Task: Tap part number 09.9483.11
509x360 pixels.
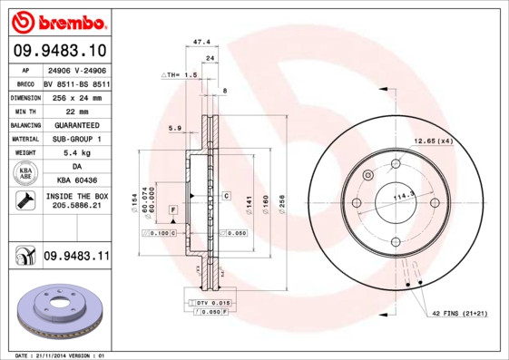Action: coord(76,258)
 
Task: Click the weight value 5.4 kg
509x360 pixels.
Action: coord(76,153)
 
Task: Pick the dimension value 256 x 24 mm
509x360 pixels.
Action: coord(76,96)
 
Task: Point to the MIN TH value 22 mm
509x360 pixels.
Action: coord(76,110)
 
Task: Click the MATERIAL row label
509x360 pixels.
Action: coord(24,139)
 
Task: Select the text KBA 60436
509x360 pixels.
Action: coord(76,181)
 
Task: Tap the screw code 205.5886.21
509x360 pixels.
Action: coord(76,206)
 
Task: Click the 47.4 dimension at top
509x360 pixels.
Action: coord(202,42)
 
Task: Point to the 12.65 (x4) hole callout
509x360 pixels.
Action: coord(433,141)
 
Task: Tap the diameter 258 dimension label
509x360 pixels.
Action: coord(282,200)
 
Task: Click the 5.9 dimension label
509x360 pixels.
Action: coord(175,128)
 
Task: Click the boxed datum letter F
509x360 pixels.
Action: coord(171,209)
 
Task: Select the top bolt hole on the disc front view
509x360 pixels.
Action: coord(396,164)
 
